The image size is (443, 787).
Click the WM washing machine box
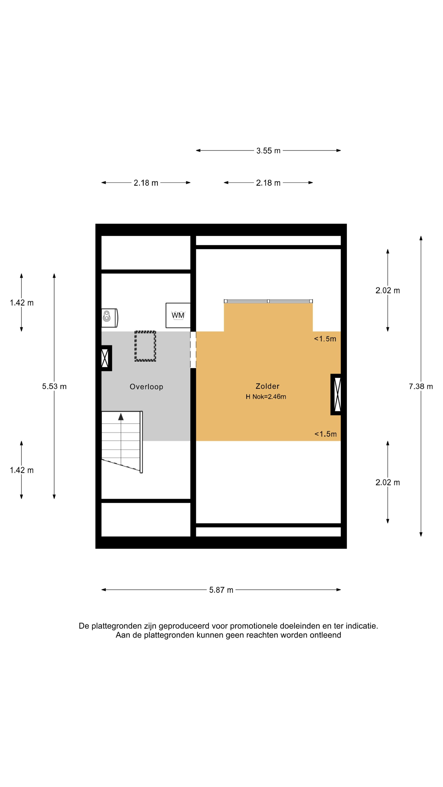click(178, 315)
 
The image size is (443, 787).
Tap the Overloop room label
click(146, 387)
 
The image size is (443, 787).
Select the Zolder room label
click(267, 386)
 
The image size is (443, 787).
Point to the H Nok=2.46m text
click(266, 397)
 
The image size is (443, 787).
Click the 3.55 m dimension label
click(268, 151)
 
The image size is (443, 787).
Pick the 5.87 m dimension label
click(221, 590)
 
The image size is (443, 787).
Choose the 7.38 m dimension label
click(421, 387)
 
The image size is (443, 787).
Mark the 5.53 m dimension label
click(54, 387)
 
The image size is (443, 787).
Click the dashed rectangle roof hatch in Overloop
click(145, 346)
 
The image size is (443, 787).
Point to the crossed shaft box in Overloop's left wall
click(106, 358)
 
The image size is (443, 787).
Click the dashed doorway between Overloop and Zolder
click(193, 350)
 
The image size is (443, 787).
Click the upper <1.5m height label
click(325, 339)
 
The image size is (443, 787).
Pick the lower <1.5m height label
click(326, 434)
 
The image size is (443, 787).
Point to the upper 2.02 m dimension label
click(388, 291)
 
